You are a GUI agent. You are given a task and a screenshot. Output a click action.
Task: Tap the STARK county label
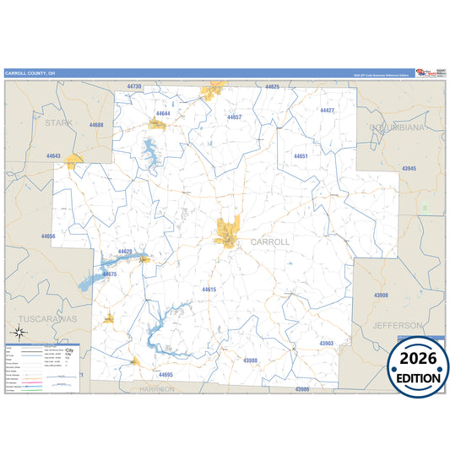click(x=59, y=123)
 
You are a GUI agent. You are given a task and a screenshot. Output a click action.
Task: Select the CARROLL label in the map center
click(x=269, y=241)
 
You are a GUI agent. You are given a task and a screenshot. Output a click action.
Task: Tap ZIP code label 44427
click(x=327, y=111)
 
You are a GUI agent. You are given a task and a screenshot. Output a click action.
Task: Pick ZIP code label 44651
click(x=301, y=156)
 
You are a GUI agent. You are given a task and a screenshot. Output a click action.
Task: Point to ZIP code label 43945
click(x=409, y=169)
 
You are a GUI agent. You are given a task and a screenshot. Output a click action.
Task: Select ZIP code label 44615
click(x=209, y=290)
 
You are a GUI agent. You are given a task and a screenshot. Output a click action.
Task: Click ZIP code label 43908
click(x=381, y=295)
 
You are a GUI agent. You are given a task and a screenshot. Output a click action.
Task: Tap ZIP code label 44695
click(x=165, y=374)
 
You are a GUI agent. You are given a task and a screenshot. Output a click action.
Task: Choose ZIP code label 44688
click(x=96, y=125)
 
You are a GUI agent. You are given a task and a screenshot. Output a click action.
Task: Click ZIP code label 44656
click(x=47, y=236)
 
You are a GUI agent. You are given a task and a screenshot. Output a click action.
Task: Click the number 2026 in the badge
click(x=419, y=360)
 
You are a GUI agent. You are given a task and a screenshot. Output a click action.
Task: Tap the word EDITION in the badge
click(x=419, y=378)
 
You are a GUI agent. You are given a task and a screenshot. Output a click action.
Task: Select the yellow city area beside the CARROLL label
click(x=227, y=228)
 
